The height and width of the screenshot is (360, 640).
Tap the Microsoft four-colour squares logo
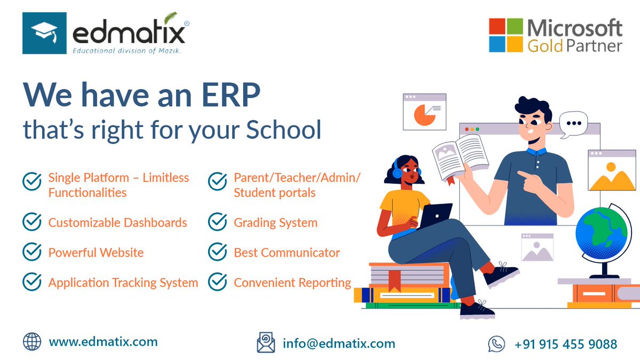(506, 35)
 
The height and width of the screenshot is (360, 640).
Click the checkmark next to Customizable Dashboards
(32, 222)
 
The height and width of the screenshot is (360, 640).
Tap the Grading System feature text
(275, 223)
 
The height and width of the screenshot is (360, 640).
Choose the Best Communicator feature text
(286, 253)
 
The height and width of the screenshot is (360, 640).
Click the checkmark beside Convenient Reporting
(218, 283)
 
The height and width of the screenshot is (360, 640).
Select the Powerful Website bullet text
(96, 253)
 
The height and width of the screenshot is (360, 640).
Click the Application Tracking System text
(123, 283)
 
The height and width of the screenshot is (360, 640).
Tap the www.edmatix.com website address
(103, 341)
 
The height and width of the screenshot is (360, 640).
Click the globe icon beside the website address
(32, 341)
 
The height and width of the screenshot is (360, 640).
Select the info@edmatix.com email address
(339, 343)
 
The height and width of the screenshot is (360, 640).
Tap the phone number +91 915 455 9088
(565, 345)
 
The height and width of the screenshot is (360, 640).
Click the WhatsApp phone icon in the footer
(496, 344)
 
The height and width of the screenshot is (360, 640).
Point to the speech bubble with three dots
(573, 124)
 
